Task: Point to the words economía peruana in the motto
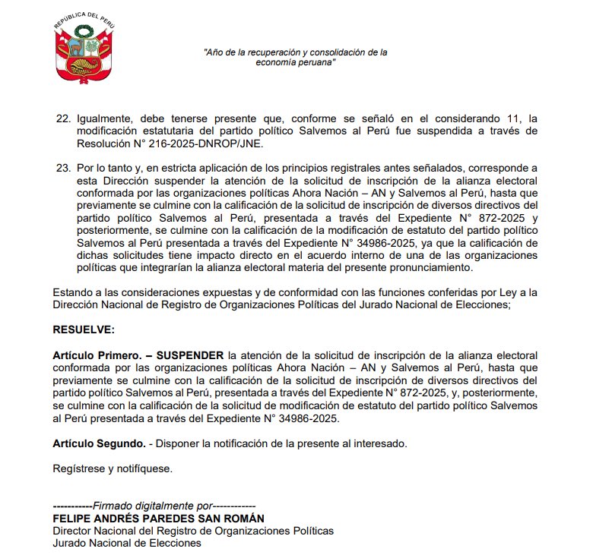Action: (x=296, y=63)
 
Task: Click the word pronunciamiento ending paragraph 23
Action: (x=430, y=267)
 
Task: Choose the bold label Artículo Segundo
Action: (x=99, y=443)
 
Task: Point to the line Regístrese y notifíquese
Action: (x=113, y=468)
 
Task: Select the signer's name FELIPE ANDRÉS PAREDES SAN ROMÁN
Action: (x=159, y=518)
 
